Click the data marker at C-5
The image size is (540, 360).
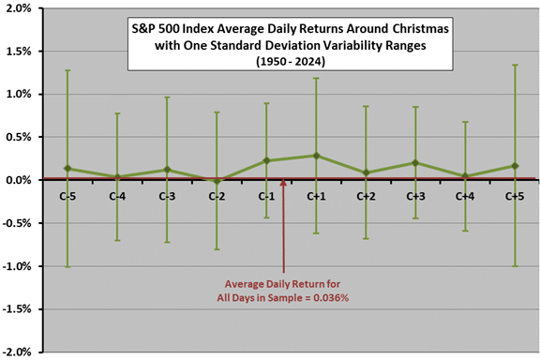(x=67, y=169)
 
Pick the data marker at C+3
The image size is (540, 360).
(x=415, y=162)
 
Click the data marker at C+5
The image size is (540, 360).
(x=515, y=166)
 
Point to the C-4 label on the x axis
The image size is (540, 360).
(x=117, y=197)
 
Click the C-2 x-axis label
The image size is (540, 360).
(x=217, y=197)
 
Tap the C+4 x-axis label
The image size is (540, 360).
(x=465, y=197)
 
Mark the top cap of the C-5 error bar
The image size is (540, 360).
(x=67, y=70)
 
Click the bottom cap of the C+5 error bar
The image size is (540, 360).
(x=515, y=266)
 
